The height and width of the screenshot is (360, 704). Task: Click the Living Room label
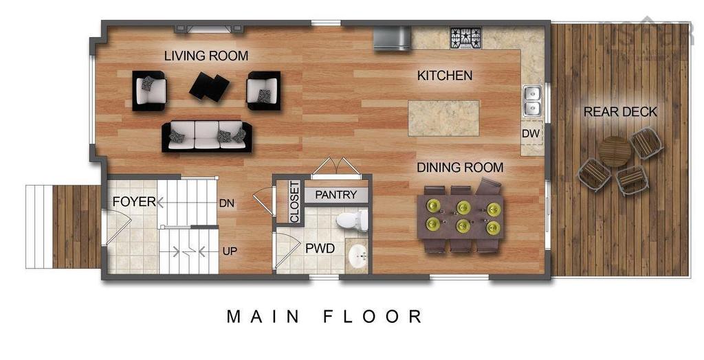206,56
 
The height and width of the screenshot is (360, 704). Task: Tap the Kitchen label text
445,76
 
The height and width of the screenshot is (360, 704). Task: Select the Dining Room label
460,168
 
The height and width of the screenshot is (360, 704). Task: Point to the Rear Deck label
620,112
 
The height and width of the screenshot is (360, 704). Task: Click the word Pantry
336,195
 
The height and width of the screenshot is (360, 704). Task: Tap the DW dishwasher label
530,133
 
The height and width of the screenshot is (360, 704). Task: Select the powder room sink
357,258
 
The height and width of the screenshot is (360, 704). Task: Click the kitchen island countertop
443,118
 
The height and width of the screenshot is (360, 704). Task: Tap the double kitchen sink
531,100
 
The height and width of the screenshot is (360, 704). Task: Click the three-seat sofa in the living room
207,136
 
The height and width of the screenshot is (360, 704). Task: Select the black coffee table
210,87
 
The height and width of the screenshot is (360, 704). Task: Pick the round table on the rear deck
615,151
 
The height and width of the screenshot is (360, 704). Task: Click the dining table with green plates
461,216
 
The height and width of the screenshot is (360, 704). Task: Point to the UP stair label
230,251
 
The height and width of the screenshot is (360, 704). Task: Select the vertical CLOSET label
294,202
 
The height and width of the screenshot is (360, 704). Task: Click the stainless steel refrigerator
392,38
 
